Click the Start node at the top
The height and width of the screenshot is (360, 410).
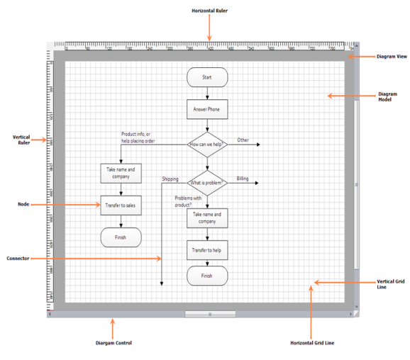206,77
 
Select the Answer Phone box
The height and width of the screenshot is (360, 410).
206,109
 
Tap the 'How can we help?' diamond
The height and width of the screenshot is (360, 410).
206,145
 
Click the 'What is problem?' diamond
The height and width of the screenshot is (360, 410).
206,182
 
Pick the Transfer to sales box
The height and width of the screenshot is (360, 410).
121,206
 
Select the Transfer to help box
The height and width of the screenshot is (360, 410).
206,250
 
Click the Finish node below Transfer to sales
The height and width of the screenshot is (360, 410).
121,237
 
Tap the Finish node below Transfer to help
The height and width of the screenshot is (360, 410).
206,276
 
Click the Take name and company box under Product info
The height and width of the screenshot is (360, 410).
121,173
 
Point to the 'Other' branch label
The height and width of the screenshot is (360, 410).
243,140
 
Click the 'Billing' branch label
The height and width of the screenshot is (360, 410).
243,179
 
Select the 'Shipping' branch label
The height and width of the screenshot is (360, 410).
170,179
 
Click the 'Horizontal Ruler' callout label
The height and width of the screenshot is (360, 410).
209,11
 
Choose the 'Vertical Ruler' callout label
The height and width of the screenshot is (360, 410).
23,140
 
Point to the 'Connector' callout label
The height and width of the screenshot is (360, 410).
18,259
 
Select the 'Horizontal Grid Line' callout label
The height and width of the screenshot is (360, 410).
311,343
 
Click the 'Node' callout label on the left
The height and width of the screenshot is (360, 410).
23,205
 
